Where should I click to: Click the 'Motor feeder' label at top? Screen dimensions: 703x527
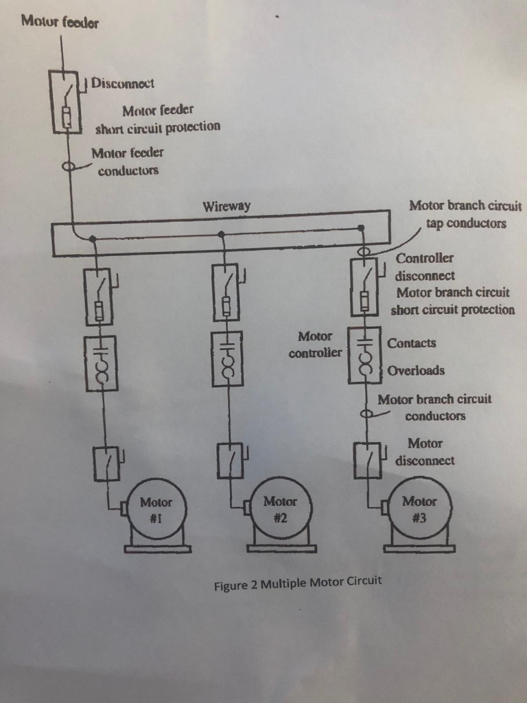coord(60,22)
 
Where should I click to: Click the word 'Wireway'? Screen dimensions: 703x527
coord(226,206)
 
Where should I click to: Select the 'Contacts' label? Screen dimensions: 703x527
coord(412,343)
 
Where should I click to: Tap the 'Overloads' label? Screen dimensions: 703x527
coord(416,371)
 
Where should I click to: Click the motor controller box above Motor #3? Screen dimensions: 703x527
coord(364,355)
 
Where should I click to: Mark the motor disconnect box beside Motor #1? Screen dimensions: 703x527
coord(106,463)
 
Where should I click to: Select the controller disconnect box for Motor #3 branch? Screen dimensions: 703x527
coord(364,287)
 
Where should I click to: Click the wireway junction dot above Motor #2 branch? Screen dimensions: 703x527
coord(221,234)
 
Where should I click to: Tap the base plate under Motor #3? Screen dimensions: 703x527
coord(419,548)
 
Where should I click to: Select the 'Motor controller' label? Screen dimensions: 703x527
coord(315,345)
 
